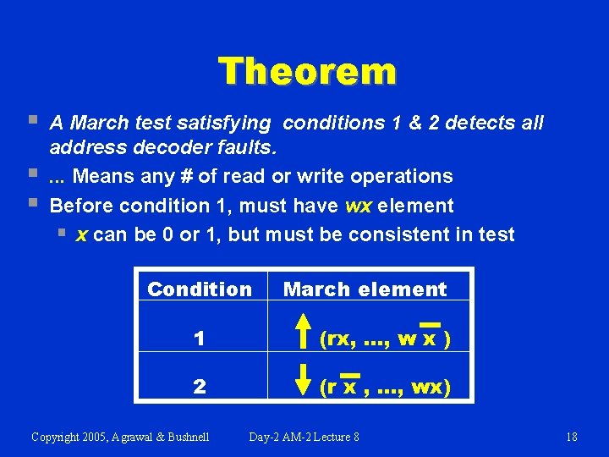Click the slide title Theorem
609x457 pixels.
pyautogui.click(x=306, y=72)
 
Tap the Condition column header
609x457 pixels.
pyautogui.click(x=200, y=289)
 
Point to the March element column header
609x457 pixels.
pyautogui.click(x=365, y=289)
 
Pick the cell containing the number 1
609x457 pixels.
pyautogui.click(x=199, y=339)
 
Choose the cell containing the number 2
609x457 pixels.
pyautogui.click(x=199, y=388)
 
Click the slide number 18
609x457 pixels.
pyautogui.click(x=571, y=437)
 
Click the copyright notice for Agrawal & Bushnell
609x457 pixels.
pyautogui.click(x=120, y=437)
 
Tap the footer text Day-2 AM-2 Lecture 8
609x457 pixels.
pyautogui.click(x=304, y=437)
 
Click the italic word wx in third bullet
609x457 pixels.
pyautogui.click(x=362, y=206)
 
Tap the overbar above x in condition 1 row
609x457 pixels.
pyautogui.click(x=431, y=324)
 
